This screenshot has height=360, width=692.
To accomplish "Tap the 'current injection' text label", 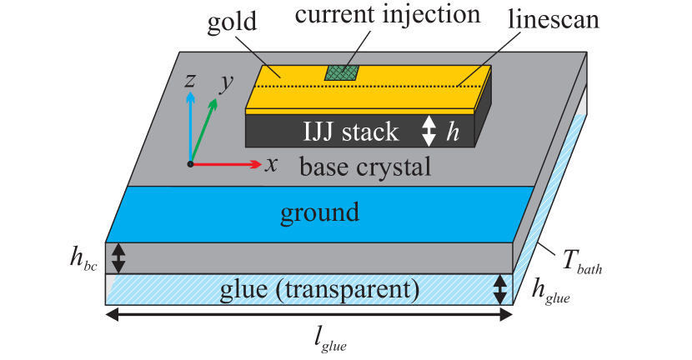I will [x=388, y=15].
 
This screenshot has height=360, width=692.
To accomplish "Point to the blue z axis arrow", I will [x=191, y=125].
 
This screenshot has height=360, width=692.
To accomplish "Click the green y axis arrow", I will [x=204, y=129].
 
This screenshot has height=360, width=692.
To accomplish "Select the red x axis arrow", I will [x=225, y=164].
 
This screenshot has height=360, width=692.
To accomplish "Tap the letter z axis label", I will [x=190, y=80].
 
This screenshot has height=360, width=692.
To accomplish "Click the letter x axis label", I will [x=271, y=163].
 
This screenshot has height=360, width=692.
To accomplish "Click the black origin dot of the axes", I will [x=191, y=164].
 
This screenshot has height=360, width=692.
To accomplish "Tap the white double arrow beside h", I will [x=429, y=131].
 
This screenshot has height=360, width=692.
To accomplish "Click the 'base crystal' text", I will [x=365, y=167].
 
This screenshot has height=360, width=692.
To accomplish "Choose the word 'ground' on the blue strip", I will [x=319, y=212].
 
